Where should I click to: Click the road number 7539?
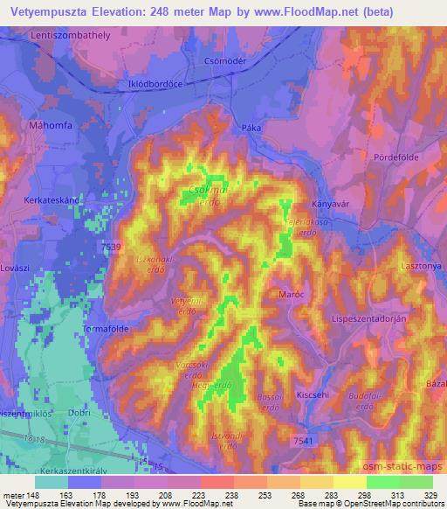point(112,248)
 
